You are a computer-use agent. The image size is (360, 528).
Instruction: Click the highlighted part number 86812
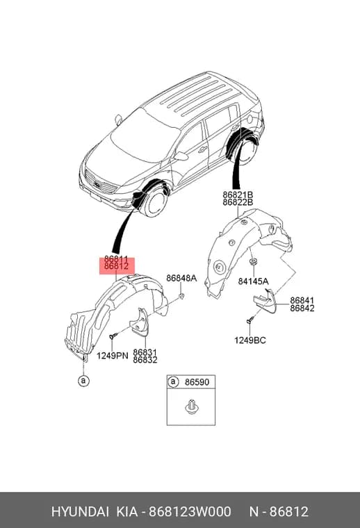[x=117, y=266]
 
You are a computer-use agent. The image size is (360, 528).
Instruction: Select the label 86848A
[x=181, y=278]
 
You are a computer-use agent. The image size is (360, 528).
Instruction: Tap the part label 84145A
[x=253, y=281]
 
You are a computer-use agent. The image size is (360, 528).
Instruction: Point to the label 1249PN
[x=113, y=355]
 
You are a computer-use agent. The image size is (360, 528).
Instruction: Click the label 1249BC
[x=250, y=340]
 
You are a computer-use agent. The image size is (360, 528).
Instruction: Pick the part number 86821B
[x=238, y=195]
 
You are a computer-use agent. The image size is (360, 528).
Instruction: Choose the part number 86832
[x=145, y=360]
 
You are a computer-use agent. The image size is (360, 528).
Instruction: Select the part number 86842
[x=302, y=308]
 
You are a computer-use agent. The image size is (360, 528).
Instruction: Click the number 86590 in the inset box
[x=197, y=382]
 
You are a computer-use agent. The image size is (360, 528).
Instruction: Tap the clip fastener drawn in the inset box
[x=191, y=406]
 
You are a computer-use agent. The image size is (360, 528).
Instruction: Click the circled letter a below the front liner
[x=83, y=381]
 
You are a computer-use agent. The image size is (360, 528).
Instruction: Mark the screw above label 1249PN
[x=114, y=336]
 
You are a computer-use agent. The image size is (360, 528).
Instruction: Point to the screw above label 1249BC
[x=250, y=320]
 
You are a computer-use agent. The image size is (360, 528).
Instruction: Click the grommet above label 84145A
[x=252, y=262]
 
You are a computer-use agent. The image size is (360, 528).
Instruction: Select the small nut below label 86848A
[x=181, y=296]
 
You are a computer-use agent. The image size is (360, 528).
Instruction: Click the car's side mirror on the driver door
[x=181, y=156]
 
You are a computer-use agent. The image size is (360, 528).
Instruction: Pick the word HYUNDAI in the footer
[x=80, y=511]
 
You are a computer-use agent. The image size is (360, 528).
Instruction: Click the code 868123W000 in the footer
[x=190, y=511]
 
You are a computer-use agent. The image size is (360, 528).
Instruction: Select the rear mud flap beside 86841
[x=266, y=301]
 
